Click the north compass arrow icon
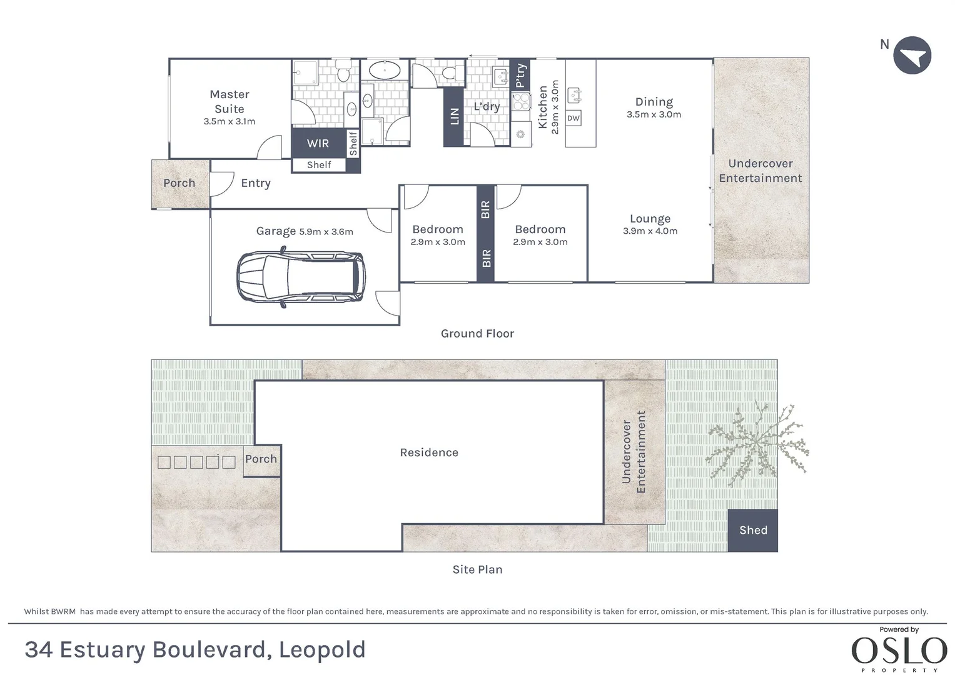coord(912,56)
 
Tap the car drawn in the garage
coord(301,277)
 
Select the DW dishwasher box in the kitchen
coord(574,118)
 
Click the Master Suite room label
coord(230,101)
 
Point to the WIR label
coord(318,143)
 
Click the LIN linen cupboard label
coord(455,116)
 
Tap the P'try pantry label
coord(520,76)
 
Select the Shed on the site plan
coord(753,530)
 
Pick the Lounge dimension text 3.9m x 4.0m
coord(650,231)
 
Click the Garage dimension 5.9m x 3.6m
coord(326,232)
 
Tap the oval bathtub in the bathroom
coord(385,70)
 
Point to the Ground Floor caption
coord(478,333)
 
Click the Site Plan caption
coord(478,569)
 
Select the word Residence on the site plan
coord(429,452)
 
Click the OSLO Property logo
coord(899,650)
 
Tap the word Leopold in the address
coord(322,650)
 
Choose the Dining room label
coord(654,102)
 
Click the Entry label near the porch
coord(256,183)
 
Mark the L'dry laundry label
coord(487,106)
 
